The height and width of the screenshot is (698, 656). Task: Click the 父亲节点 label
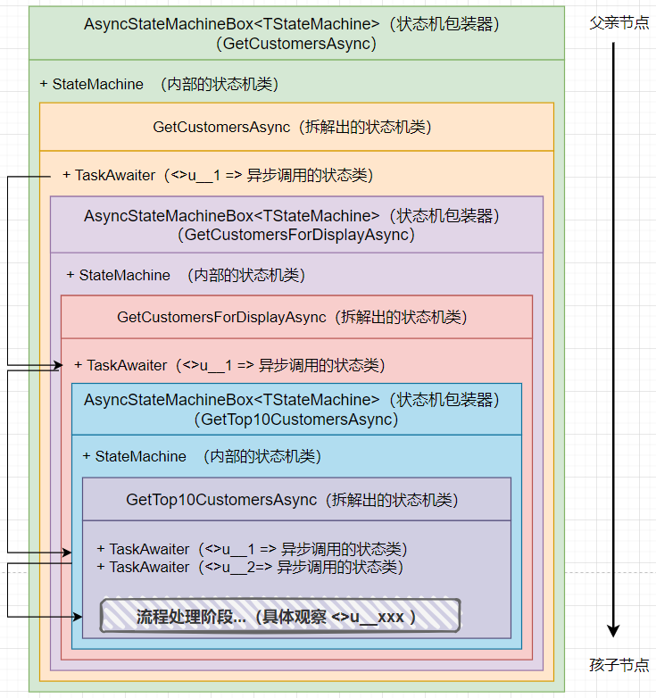click(619, 22)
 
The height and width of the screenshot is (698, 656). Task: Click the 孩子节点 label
click(619, 665)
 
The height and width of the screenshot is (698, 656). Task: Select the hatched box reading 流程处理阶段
click(279, 616)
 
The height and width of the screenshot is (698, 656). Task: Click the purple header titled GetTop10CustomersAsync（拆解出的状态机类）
click(296, 500)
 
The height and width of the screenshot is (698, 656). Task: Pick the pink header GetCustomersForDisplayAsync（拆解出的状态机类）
click(296, 317)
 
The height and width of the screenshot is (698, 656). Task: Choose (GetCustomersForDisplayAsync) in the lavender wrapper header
click(296, 235)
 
